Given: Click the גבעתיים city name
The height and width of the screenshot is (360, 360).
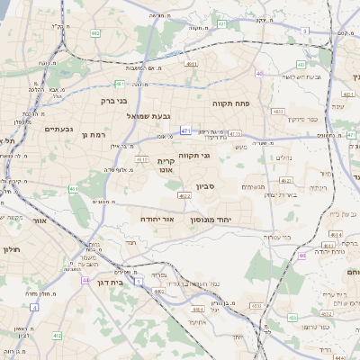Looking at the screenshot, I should click(x=58, y=130).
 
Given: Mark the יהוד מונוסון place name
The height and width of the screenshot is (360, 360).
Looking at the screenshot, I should click(x=211, y=219).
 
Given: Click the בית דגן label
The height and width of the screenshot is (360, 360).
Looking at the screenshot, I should click(x=108, y=281).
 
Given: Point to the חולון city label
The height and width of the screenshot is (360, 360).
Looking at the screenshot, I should click(x=11, y=249).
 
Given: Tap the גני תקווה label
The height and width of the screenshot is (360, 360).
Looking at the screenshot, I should click(x=192, y=156).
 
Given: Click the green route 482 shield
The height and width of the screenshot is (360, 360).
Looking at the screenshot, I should click(x=95, y=33).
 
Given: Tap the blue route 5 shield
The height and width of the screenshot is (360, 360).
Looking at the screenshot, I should click(x=305, y=31).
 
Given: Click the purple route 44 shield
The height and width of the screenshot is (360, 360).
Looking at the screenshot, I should click(x=85, y=280).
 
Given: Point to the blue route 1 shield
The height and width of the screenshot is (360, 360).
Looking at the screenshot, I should click(x=139, y=282).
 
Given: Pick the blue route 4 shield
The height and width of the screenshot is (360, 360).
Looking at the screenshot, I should click(x=34, y=307).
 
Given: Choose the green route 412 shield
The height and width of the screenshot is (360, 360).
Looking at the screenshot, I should click(x=57, y=336).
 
